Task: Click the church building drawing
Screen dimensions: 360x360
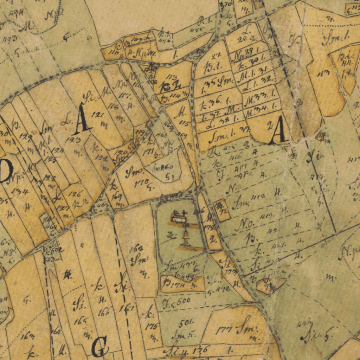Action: coord(179,217)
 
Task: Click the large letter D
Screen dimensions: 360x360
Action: coord(6,171)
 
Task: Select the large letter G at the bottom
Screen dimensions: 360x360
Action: coord(99,346)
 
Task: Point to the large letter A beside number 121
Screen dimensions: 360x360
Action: coord(82,120)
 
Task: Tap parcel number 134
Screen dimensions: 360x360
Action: coord(21,192)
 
